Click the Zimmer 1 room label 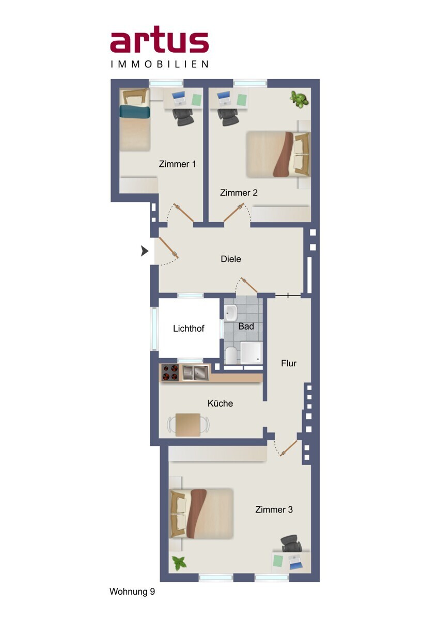pos(177,164)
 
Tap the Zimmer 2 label pos(239,193)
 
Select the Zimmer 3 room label pos(274,509)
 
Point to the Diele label pos(231,259)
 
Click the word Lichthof pos(189,329)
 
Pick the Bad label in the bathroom pos(246,327)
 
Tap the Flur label pos(289,363)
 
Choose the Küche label pos(220,404)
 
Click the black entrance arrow pos(145,251)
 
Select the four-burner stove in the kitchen pos(169,373)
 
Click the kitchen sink pos(195,373)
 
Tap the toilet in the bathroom pos(231,355)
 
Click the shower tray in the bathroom pos(251,352)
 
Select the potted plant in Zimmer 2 pos(299,99)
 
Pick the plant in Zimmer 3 pos(179,563)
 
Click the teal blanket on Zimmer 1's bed pos(135,111)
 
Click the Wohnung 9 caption pos(132,592)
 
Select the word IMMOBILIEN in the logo pos(160,65)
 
